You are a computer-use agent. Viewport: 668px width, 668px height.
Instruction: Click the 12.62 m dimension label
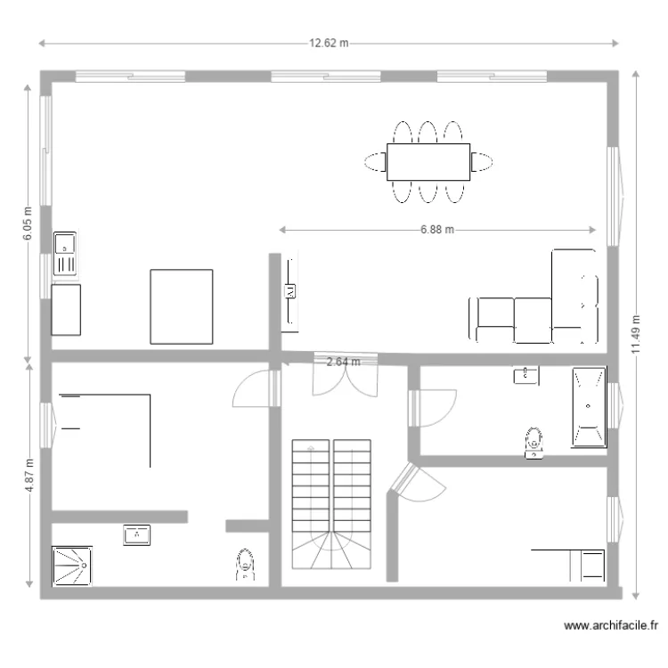click(x=329, y=43)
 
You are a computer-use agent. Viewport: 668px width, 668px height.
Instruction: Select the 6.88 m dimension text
click(x=437, y=230)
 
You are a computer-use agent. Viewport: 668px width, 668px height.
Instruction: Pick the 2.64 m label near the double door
click(x=343, y=362)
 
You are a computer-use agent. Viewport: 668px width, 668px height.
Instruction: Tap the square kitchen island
click(x=182, y=305)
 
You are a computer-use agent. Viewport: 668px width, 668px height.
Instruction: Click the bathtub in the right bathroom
click(x=589, y=406)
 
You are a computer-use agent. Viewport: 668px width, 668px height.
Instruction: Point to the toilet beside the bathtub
click(x=534, y=442)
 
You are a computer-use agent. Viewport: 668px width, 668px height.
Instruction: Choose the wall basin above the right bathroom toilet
click(x=526, y=375)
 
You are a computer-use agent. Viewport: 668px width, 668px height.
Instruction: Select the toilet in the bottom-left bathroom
click(x=245, y=565)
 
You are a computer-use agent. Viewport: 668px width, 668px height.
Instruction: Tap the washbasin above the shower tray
click(x=136, y=534)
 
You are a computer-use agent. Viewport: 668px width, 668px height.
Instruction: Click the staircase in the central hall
click(x=330, y=506)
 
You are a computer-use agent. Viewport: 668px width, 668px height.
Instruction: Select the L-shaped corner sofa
click(x=534, y=307)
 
